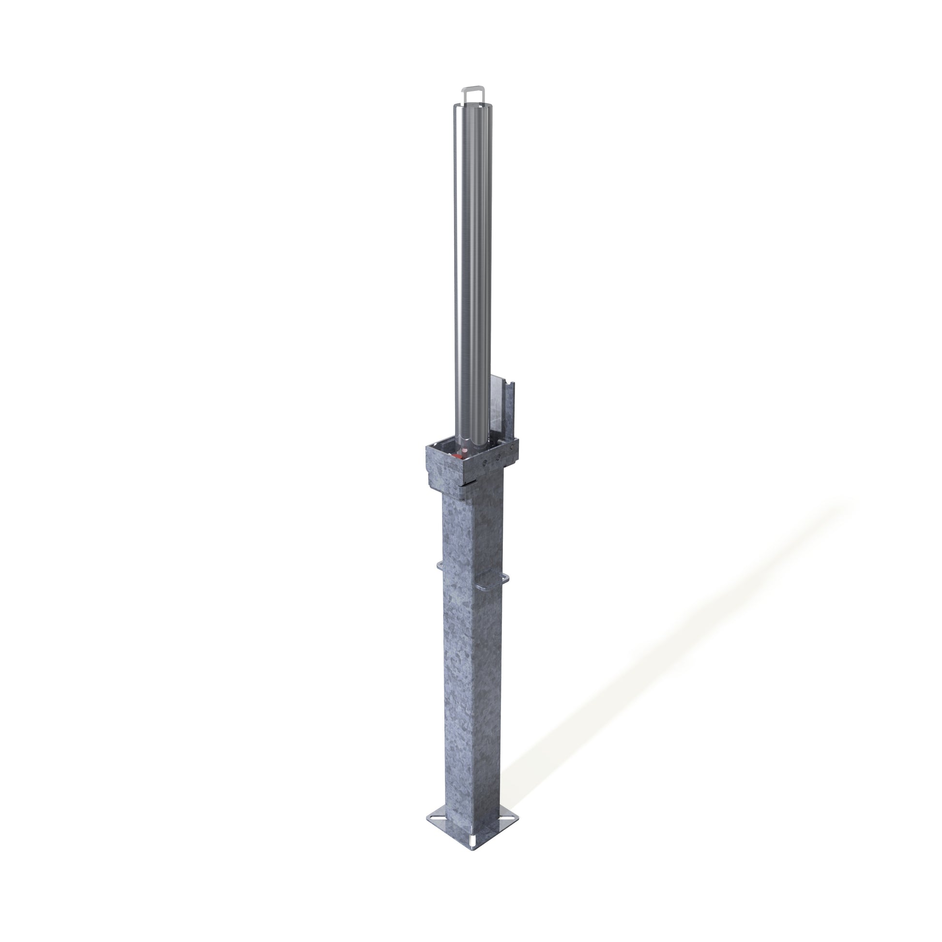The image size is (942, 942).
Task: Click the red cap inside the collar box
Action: (457, 456)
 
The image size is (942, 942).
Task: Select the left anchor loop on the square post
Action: (439, 566)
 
